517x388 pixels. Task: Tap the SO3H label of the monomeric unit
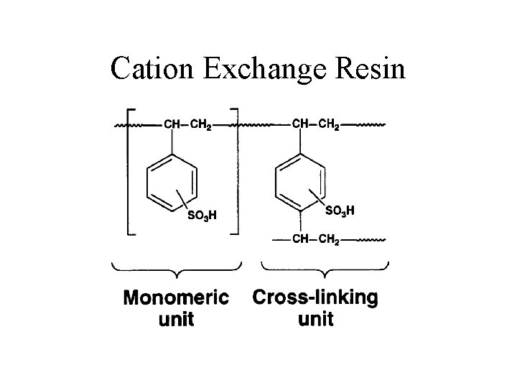point(202,215)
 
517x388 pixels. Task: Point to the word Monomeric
point(176,298)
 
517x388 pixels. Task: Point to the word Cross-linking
point(315,298)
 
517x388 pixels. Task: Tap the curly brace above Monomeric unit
point(176,271)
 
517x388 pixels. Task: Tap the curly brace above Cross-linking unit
point(325,271)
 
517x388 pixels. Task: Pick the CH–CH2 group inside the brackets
point(188,125)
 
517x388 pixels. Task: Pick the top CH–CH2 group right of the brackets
point(317,125)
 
